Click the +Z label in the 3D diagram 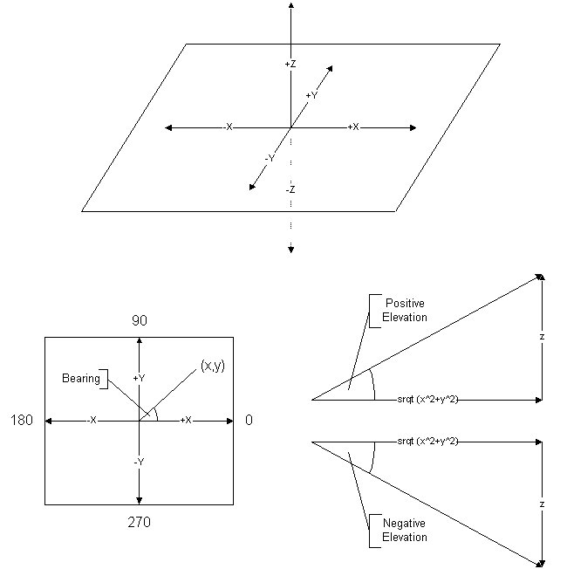pos(290,65)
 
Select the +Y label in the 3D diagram pos(311,96)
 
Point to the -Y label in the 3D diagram pos(270,159)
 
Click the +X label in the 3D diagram pos(353,127)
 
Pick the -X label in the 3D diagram pos(228,127)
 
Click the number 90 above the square pos(140,320)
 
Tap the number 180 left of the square pos(24,421)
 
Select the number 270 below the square pos(140,522)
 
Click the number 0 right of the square pos(249,421)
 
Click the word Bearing pos(80,379)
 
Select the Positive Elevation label pos(406,310)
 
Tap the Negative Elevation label pos(405,530)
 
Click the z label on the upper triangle pos(542,337)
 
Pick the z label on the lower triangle pos(542,504)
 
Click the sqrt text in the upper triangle pos(427,400)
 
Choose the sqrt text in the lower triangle pos(427,442)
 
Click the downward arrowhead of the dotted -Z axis pos(290,251)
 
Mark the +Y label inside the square pos(139,379)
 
